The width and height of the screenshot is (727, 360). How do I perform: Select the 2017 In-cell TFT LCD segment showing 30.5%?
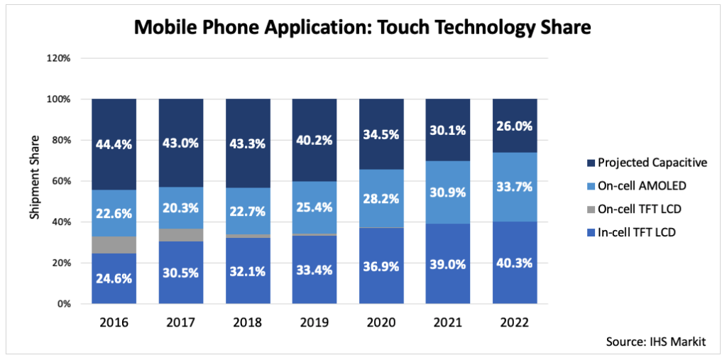(181, 272)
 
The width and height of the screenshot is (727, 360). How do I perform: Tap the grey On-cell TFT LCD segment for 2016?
(114, 244)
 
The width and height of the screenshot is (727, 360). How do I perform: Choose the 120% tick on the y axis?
(58, 58)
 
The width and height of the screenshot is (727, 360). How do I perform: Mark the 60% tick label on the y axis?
(61, 181)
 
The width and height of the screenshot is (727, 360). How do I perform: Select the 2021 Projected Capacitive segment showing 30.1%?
(448, 130)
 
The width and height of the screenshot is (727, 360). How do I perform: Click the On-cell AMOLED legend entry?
(639, 185)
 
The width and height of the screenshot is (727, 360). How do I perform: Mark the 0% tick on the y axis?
(64, 304)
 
